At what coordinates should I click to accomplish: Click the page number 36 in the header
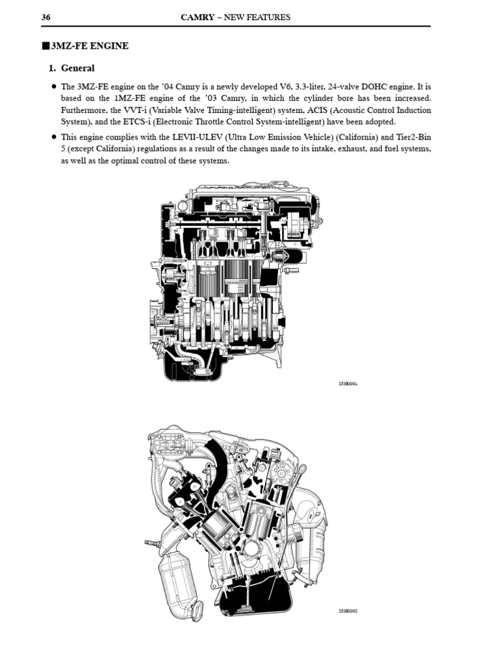tap(46, 18)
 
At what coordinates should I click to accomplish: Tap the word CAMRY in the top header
tap(199, 18)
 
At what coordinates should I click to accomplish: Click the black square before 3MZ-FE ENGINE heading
tap(45, 46)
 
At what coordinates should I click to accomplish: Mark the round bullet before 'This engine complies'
tap(53, 138)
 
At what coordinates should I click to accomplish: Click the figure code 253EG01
tap(348, 384)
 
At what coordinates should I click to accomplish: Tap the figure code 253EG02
tap(348, 612)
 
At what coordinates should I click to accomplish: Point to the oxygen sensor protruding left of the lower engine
tap(151, 542)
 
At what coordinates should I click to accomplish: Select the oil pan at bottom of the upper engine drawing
tap(195, 367)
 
